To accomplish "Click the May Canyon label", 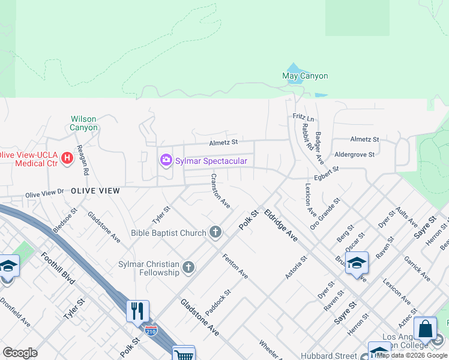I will coord(305,76).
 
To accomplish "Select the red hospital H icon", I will coord(67,158).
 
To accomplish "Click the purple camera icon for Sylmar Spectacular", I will coord(166,160).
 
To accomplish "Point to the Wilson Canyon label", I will coord(83,123).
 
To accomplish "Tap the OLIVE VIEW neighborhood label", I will coord(95,190).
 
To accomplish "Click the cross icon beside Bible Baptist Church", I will coord(215,232).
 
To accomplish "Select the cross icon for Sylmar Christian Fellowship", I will coord(188,268).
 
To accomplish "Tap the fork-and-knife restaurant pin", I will coord(137,310).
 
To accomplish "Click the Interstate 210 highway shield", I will coord(151,331).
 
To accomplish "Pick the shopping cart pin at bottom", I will coord(183,354).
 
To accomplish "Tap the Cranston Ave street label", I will coord(220,191).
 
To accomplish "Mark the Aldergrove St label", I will coord(354,154).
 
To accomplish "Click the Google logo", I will coord(20,352).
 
